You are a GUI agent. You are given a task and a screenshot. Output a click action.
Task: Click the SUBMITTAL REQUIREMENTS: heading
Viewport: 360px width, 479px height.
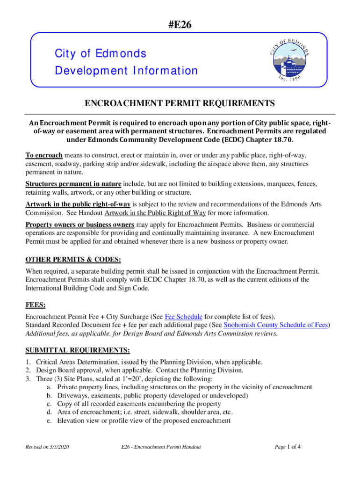click(x=77, y=350)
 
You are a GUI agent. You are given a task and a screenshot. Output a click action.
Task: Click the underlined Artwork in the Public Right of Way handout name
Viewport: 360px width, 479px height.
click(x=155, y=213)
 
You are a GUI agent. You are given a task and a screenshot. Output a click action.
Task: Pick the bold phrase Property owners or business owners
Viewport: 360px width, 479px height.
click(x=79, y=225)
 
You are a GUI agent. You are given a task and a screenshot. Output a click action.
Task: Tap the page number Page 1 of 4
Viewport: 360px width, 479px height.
click(x=287, y=447)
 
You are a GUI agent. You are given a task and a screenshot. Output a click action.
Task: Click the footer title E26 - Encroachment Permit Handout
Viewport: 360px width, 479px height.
click(x=160, y=447)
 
